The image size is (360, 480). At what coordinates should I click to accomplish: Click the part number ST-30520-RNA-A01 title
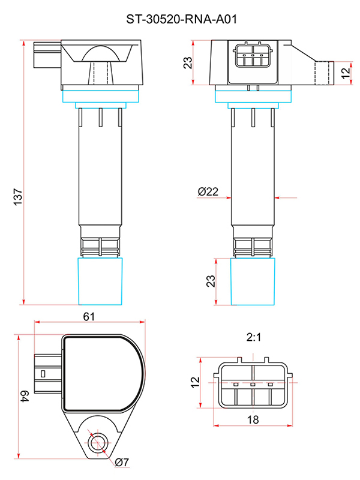pos(182,19)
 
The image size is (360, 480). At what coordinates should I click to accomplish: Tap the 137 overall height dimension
pos(18,197)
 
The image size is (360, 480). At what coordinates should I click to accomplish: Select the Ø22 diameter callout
pos(208,191)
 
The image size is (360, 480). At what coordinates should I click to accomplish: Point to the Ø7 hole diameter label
pos(122,462)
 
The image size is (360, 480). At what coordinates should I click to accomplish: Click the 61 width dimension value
pos(89,317)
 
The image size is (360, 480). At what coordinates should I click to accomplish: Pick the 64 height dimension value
pos(25,396)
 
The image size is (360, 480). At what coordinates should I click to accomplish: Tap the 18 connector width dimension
pos(253,419)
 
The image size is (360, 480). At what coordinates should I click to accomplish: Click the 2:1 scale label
pos(254,337)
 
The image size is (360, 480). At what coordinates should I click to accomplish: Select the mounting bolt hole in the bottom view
pos(98,443)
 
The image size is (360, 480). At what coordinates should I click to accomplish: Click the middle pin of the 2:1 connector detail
pos(253,385)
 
